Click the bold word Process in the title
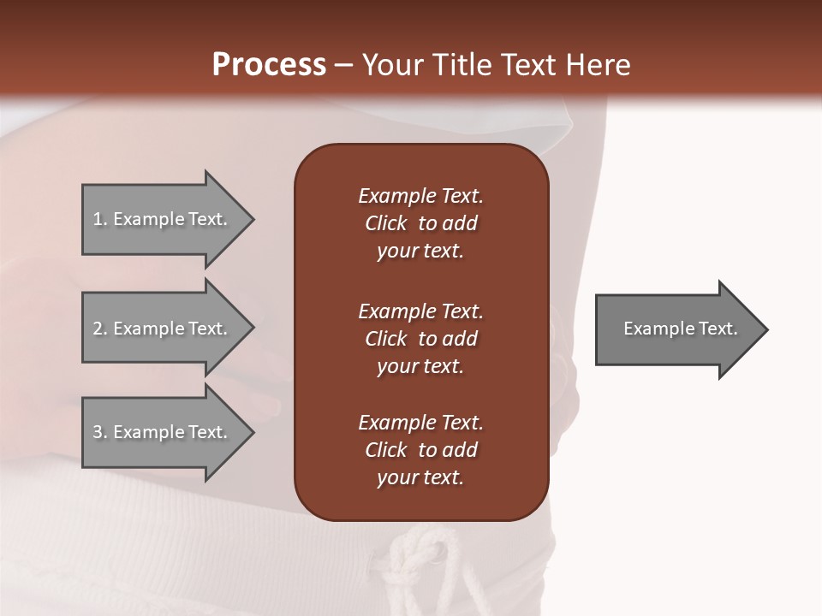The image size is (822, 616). click(x=269, y=64)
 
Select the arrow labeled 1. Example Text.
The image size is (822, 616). click(x=163, y=219)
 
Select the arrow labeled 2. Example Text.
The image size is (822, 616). click(x=163, y=329)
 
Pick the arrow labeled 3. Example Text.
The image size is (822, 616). click(x=163, y=432)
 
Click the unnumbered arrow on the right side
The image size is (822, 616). click(x=676, y=329)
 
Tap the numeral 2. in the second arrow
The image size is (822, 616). click(x=99, y=329)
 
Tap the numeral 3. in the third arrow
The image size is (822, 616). click(x=99, y=432)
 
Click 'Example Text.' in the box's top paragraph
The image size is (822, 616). click(x=420, y=196)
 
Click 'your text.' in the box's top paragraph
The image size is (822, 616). click(x=420, y=251)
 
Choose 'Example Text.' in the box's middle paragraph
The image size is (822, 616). click(x=420, y=311)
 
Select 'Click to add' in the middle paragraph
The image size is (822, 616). click(x=420, y=339)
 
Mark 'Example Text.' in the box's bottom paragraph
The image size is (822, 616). click(x=420, y=423)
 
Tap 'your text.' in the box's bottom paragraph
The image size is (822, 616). click(x=420, y=477)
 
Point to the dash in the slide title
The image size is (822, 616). click(x=343, y=65)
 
